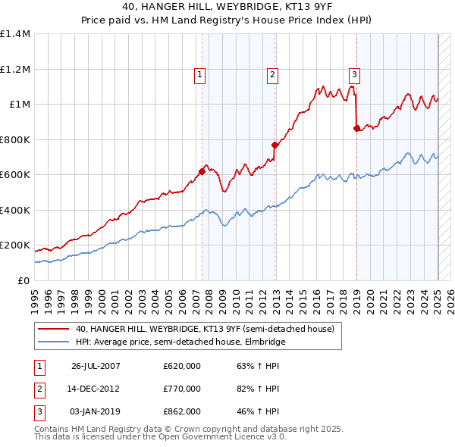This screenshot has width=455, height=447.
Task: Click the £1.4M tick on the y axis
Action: [x=14, y=34]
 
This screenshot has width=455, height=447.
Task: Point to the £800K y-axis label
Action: [x=14, y=139]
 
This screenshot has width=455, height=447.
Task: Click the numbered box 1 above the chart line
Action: [x=199, y=74]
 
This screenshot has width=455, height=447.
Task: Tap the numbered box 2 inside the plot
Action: [x=271, y=74]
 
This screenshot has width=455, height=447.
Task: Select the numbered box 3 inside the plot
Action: [x=354, y=74]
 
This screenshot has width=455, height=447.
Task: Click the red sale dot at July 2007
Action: [x=202, y=171]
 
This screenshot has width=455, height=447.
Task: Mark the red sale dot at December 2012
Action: [x=275, y=145]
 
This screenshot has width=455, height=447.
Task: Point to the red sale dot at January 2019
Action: [x=356, y=129]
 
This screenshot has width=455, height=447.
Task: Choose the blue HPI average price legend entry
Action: [x=179, y=342]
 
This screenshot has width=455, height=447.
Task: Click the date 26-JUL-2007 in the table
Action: [x=96, y=367]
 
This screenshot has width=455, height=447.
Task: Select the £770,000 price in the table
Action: [x=182, y=389]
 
